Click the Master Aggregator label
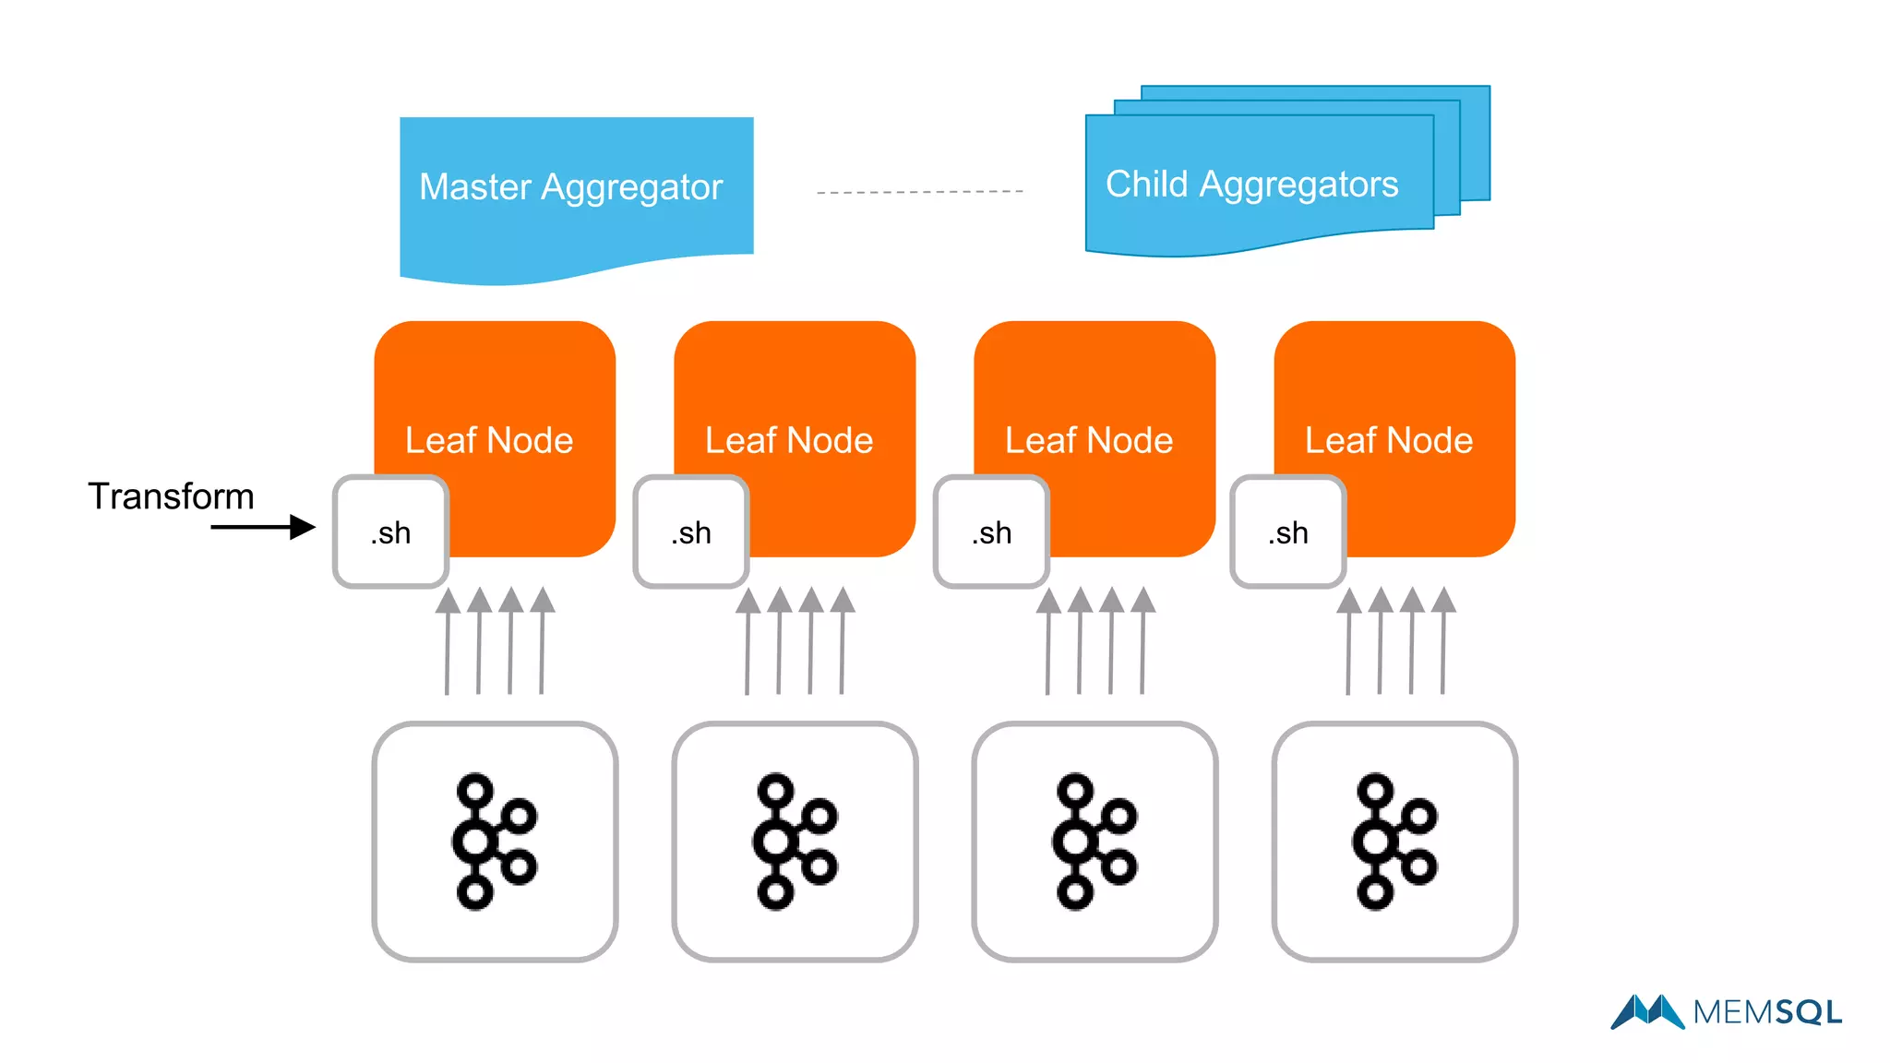(570, 187)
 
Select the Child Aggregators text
(1251, 185)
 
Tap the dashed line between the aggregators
(919, 192)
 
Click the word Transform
(171, 496)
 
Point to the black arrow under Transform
(263, 527)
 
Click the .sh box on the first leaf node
(391, 532)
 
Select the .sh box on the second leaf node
(691, 532)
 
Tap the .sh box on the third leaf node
(991, 532)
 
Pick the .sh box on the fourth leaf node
(1288, 532)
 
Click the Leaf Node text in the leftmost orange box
(489, 440)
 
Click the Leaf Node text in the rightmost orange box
(1389, 440)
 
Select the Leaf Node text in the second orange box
(789, 440)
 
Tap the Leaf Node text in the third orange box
(1089, 440)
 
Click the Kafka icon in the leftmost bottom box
(494, 842)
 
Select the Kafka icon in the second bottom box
(795, 842)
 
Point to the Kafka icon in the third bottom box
(1095, 842)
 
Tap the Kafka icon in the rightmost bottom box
(1394, 842)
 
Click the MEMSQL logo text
(1766, 1012)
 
